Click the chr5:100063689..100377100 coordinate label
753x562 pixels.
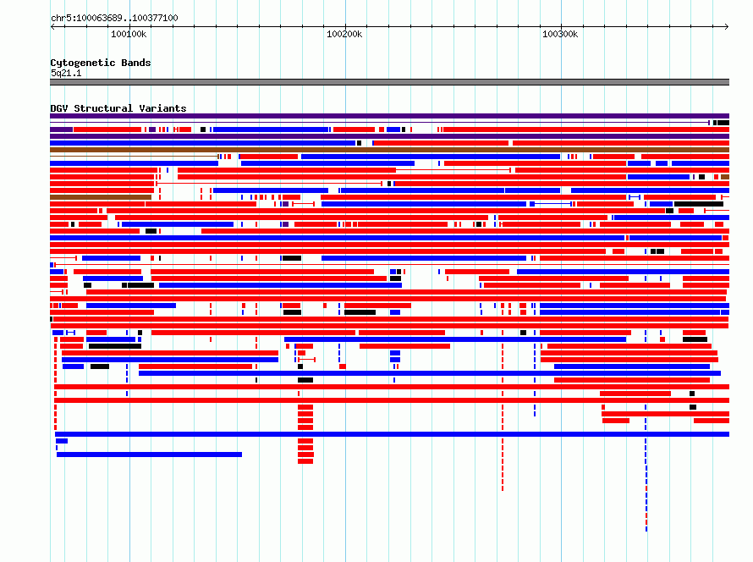pyautogui.click(x=114, y=19)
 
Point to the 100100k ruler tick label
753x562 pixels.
pyautogui.click(x=129, y=35)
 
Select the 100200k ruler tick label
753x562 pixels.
pyautogui.click(x=344, y=35)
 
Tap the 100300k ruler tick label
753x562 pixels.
pyautogui.click(x=560, y=35)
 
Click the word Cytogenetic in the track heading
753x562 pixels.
pyautogui.click(x=83, y=63)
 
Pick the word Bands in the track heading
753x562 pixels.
pyautogui.click(x=136, y=63)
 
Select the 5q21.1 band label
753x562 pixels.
pyautogui.click(x=66, y=73)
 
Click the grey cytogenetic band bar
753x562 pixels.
pyautogui.click(x=389, y=82)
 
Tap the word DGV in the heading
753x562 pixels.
pyautogui.click(x=59, y=108)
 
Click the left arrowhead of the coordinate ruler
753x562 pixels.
pyautogui.click(x=52, y=27)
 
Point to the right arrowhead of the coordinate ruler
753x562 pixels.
pyautogui.click(x=727, y=27)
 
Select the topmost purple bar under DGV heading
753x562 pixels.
pyautogui.click(x=389, y=116)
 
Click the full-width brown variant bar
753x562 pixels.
pyautogui.click(x=389, y=150)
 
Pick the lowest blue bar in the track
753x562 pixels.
pyautogui.click(x=150, y=455)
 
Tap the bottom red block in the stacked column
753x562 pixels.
pyautogui.click(x=305, y=461)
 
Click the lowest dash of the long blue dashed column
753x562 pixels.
pyautogui.click(x=646, y=529)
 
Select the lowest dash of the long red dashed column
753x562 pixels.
pyautogui.click(x=503, y=488)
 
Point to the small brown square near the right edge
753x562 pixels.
pyautogui.click(x=725, y=177)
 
